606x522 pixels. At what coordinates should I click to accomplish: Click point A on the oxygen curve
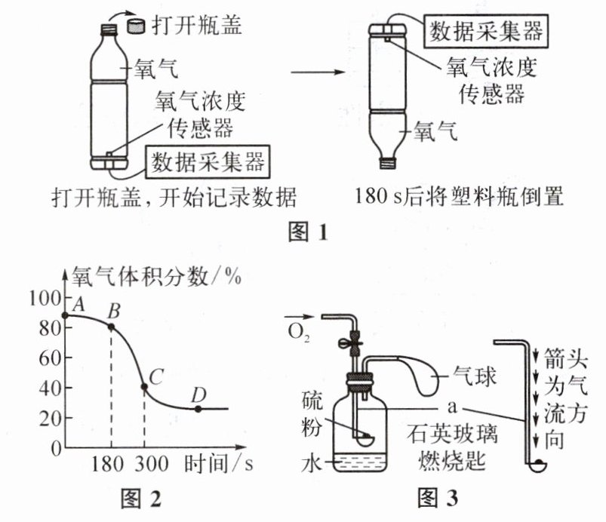pos(66,315)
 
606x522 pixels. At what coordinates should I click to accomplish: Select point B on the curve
pos(111,327)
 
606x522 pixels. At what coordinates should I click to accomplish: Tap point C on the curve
pos(144,386)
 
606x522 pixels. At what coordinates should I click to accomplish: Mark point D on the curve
pos(198,409)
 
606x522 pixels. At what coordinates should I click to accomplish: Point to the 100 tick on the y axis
pos(45,298)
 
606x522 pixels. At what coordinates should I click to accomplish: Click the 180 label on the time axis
pos(107,464)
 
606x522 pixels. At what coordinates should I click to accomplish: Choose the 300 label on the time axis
pos(152,464)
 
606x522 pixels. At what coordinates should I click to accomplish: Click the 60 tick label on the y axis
pos(50,358)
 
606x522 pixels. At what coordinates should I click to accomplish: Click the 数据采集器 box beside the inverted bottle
pos(486,31)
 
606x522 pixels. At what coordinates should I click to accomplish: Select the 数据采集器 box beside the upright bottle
pos(208,162)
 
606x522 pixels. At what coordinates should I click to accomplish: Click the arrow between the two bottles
pos(317,72)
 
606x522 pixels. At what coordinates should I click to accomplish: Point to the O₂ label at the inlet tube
pos(299,332)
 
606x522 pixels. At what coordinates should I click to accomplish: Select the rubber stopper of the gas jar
pos(359,381)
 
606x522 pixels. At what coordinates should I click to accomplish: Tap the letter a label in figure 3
pos(452,407)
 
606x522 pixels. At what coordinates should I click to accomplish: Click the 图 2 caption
pos(140,499)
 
